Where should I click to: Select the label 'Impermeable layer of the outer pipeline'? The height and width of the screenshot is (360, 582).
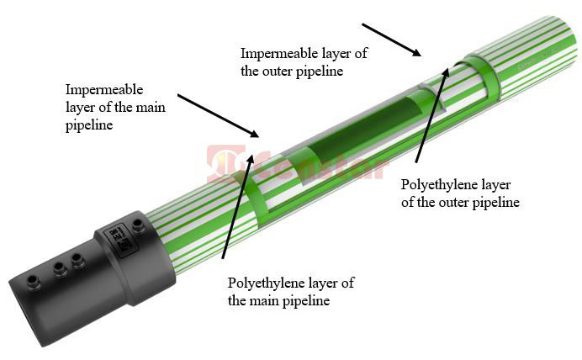tap(304, 62)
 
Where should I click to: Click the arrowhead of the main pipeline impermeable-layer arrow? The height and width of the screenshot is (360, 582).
tap(257, 134)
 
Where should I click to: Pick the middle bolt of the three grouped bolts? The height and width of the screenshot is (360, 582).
tap(59, 268)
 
